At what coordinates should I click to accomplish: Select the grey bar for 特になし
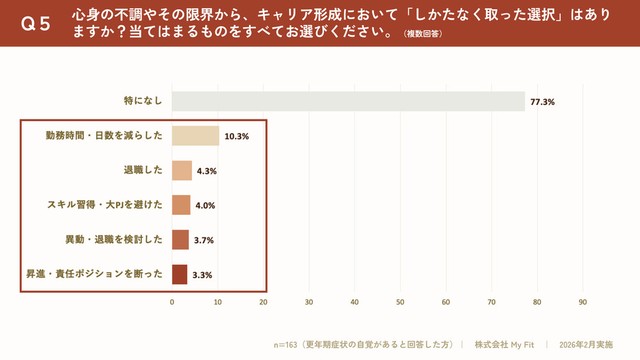coord(348,101)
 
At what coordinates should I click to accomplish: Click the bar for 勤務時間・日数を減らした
coord(195,136)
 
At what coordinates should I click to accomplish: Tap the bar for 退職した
coord(182,171)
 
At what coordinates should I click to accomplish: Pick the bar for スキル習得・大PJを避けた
coord(181,205)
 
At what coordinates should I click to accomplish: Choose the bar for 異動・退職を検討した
coord(180,240)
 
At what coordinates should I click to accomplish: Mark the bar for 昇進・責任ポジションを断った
coord(179,274)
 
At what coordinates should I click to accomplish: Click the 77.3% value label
coord(543,102)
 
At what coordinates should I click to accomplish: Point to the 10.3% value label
coord(237,136)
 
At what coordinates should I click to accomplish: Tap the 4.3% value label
coord(207,171)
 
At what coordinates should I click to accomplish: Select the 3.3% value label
coord(202,275)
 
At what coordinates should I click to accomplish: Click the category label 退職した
coord(143,171)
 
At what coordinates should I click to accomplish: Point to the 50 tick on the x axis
coord(400,301)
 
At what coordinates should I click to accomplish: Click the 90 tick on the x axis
coord(583,301)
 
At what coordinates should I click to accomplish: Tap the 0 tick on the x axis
coord(172,301)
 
